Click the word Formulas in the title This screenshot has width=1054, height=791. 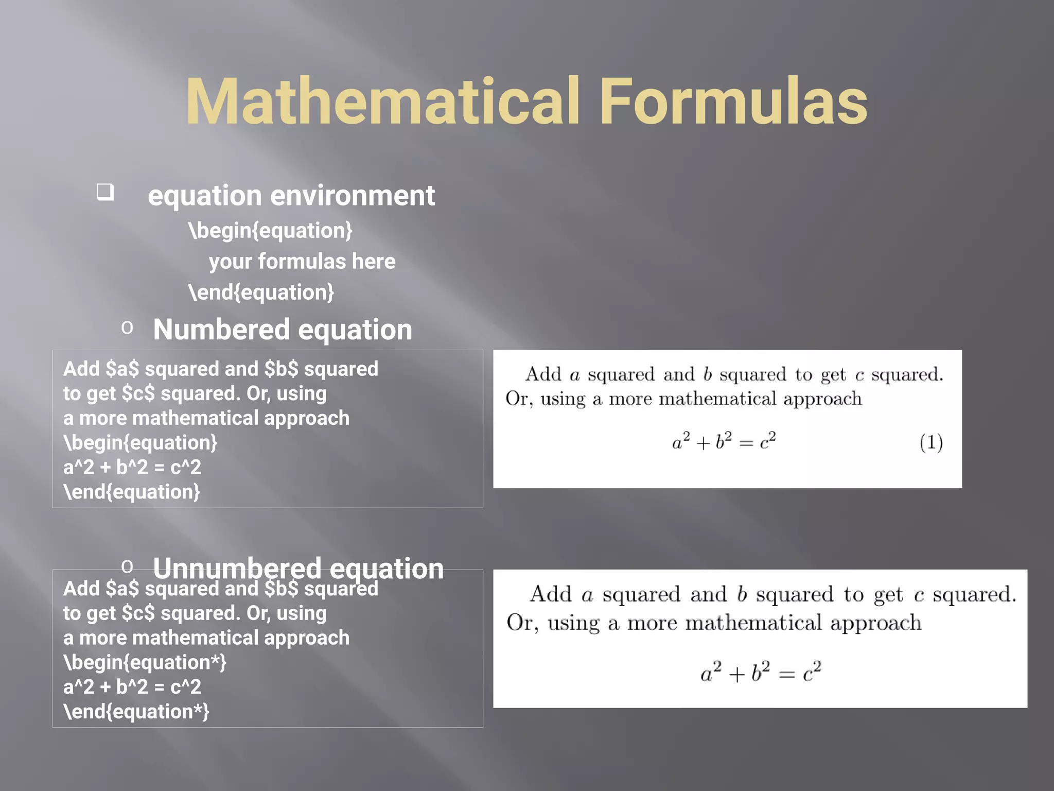(733, 101)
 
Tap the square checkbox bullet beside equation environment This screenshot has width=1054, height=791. (106, 192)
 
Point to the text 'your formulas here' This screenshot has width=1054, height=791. (302, 261)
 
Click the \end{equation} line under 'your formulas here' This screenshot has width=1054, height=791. (261, 292)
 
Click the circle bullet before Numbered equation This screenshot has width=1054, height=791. (127, 328)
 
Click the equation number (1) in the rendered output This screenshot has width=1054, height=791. (931, 442)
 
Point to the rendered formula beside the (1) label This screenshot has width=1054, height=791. (724, 441)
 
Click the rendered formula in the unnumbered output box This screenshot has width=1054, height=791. (761, 672)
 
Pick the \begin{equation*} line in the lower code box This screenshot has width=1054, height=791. (145, 662)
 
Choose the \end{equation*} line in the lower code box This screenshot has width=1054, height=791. (136, 712)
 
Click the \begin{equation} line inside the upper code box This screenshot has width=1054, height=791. (140, 442)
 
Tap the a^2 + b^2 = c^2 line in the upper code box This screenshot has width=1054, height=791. (132, 467)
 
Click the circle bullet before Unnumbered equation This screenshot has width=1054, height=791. (127, 566)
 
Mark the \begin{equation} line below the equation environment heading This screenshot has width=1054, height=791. (270, 230)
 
